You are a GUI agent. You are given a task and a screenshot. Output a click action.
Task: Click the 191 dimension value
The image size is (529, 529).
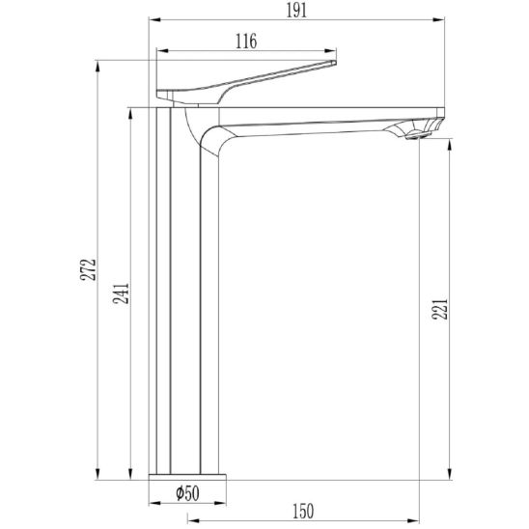(x=296, y=11)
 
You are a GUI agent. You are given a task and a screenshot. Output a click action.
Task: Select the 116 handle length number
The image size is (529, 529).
(x=246, y=42)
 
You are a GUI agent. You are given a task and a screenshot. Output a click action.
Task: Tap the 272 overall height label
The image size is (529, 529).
(x=88, y=269)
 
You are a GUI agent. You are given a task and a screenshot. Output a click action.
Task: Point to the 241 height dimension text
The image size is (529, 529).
(x=121, y=293)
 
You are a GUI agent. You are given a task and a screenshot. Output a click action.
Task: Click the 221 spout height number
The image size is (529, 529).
(x=439, y=309)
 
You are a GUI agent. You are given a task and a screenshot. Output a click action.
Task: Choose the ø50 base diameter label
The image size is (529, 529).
(x=187, y=493)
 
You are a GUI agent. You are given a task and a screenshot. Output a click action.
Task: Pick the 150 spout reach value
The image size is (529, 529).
(x=303, y=511)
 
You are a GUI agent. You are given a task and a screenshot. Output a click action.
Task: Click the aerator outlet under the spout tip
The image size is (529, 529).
(x=418, y=135)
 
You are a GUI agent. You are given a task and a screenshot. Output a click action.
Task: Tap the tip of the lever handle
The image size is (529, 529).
(x=335, y=62)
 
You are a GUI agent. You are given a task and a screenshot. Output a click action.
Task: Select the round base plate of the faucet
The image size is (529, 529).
(x=187, y=477)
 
